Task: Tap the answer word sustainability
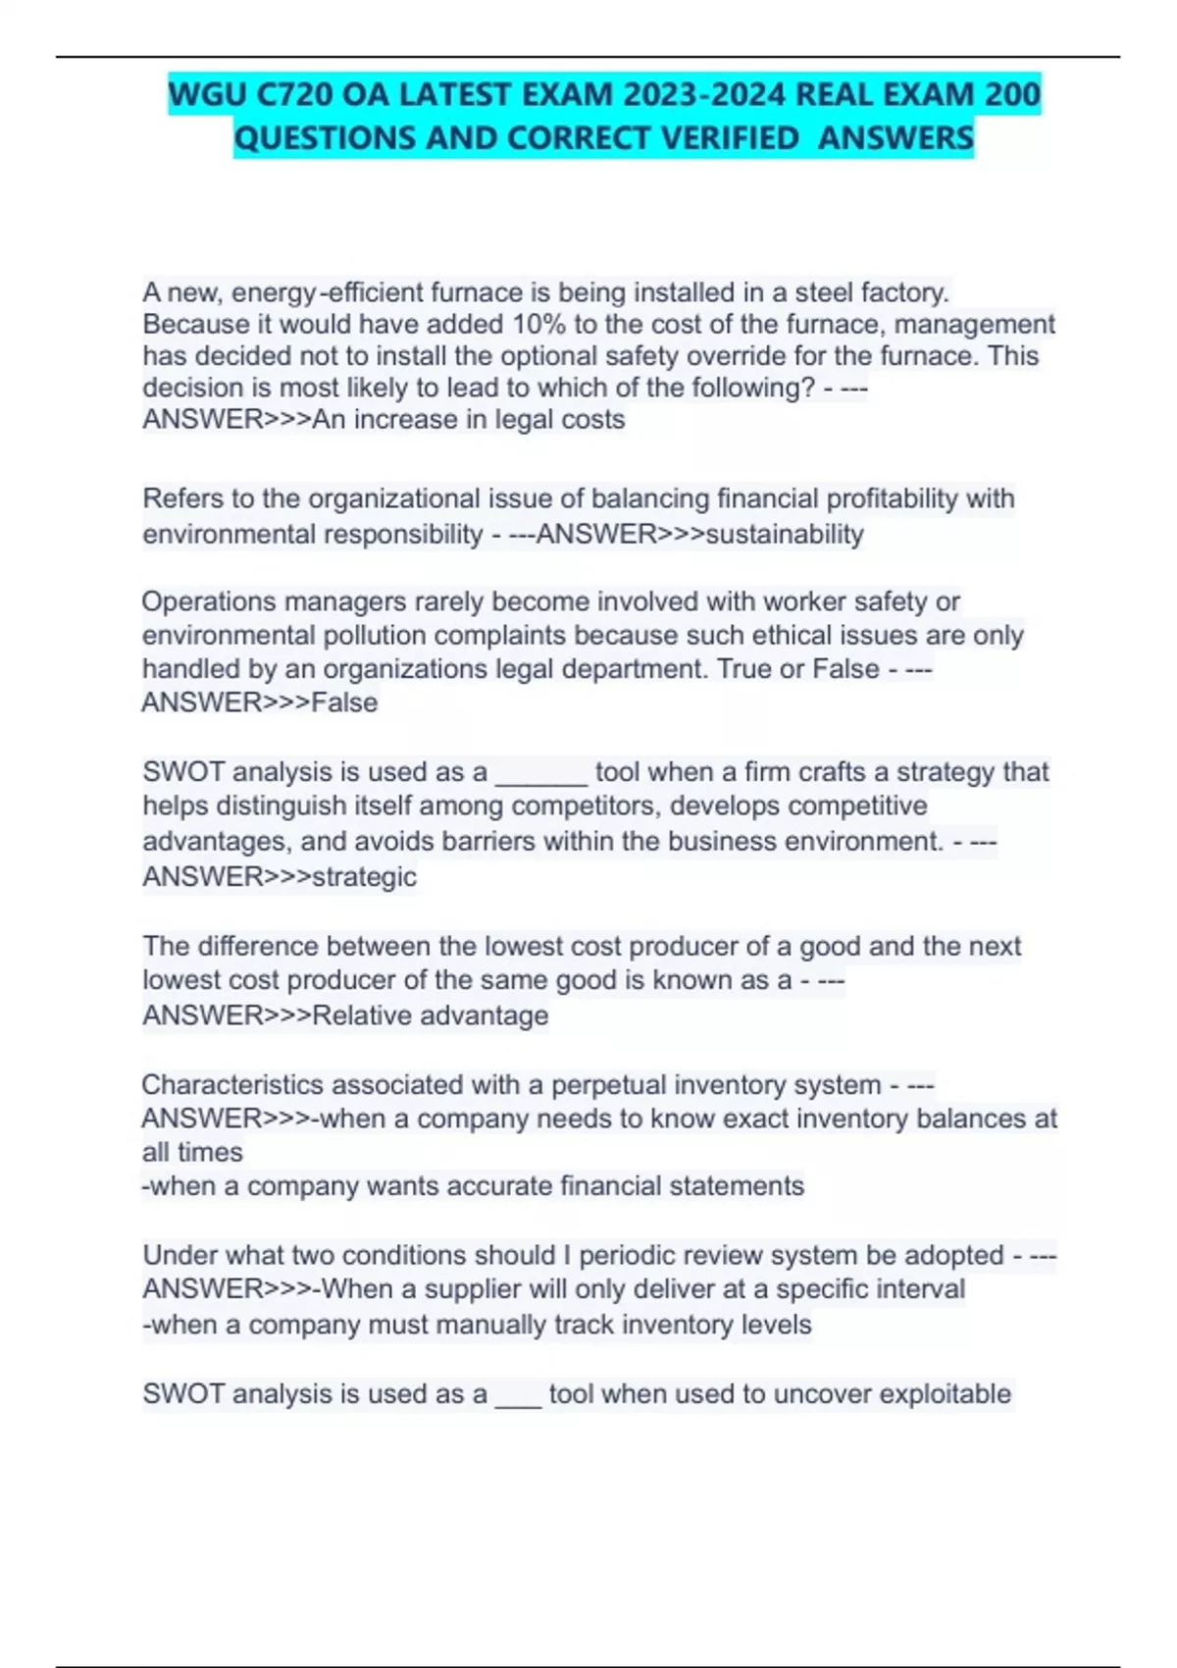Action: [x=785, y=535]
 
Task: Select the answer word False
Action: [x=344, y=703]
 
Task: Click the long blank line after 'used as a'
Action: [x=541, y=773]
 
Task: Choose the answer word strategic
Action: [x=364, y=876]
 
